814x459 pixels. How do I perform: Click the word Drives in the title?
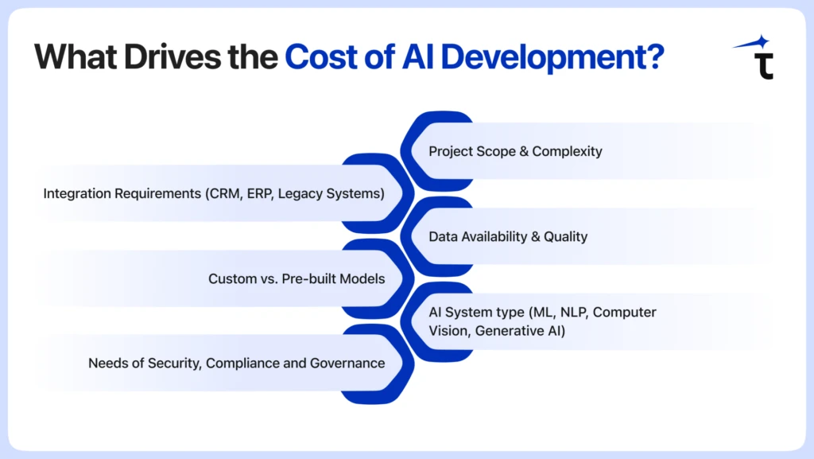click(172, 56)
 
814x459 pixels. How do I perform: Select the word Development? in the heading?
click(552, 57)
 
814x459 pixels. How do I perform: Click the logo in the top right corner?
click(755, 57)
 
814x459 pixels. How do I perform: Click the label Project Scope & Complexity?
click(515, 151)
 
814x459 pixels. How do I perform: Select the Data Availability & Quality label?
click(508, 237)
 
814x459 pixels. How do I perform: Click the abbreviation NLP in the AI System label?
click(575, 313)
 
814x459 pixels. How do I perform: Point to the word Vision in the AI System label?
click(450, 331)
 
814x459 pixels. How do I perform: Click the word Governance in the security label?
click(347, 364)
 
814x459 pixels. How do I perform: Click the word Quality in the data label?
click(566, 237)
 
